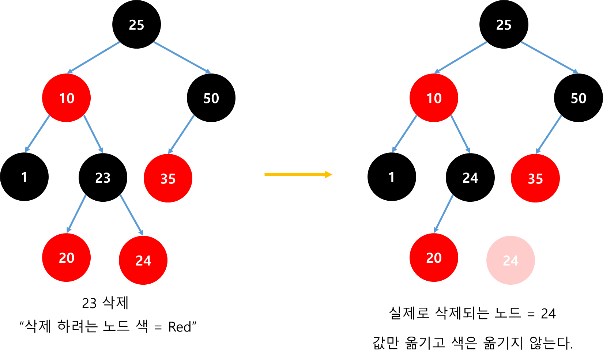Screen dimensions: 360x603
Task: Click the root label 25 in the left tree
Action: (136, 25)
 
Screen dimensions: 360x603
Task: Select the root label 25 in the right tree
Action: (504, 25)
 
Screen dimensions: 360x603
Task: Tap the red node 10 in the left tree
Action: (66, 98)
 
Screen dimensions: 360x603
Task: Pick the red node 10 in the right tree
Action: (434, 98)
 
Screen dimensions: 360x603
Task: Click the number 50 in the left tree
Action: (211, 98)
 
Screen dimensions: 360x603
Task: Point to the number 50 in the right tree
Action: (578, 98)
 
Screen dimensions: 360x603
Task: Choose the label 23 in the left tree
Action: (103, 178)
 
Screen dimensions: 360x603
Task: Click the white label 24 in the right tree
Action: (470, 178)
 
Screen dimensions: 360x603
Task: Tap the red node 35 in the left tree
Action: (168, 178)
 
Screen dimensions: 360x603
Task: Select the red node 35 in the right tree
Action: (535, 178)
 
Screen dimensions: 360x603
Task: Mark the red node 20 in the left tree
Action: (66, 258)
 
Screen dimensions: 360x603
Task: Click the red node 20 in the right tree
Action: (434, 258)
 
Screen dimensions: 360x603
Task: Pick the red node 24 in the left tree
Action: (143, 260)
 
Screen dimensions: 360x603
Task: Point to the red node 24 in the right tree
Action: (510, 260)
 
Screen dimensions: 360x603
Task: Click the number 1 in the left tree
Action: (24, 177)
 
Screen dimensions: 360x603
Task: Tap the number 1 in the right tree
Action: (392, 177)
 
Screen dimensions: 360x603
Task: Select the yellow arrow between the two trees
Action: (298, 175)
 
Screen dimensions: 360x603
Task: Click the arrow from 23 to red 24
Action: (131, 215)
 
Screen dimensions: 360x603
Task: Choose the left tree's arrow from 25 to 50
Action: (182, 57)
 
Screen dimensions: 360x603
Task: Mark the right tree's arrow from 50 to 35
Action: (549, 134)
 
